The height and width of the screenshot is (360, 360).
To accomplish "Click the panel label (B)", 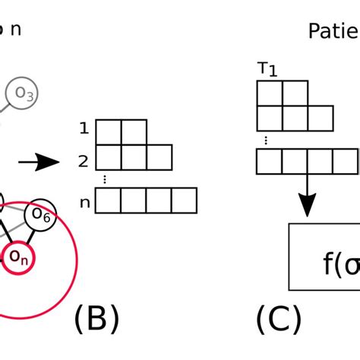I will pos(96,320).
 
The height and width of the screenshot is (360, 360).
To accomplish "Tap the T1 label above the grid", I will pos(267,69).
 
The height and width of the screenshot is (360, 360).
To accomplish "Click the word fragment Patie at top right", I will pos(333,30).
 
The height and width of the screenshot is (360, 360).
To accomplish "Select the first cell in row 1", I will pos(109,131).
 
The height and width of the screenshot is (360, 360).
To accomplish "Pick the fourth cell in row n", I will pos(184,201).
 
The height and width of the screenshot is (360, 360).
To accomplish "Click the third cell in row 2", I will pos(159,157).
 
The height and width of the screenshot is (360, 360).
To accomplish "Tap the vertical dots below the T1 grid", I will pos(265,140).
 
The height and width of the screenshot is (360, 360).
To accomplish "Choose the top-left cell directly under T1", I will pos(270,92).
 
